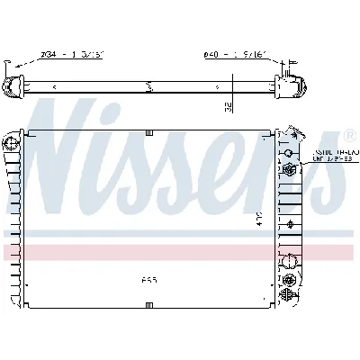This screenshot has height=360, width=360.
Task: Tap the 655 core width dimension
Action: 148,278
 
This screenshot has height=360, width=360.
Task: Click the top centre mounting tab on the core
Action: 149,133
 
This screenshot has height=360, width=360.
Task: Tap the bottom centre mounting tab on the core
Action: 149,309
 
